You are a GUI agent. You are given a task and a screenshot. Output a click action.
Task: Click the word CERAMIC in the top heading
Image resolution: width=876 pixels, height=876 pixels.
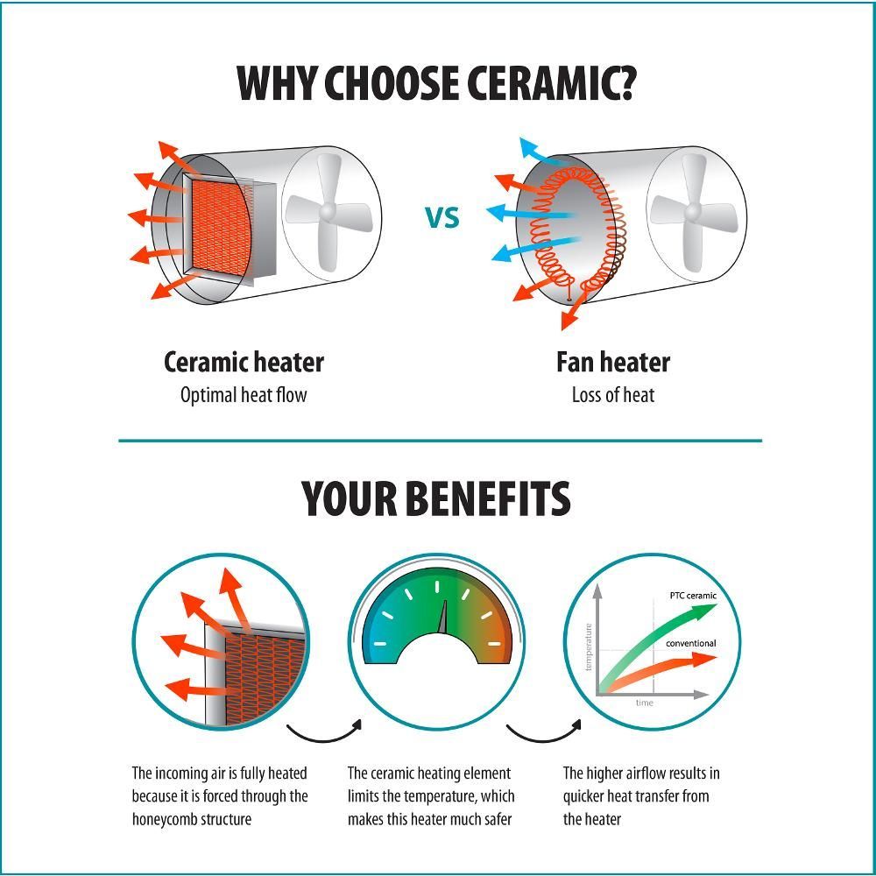[x=551, y=82]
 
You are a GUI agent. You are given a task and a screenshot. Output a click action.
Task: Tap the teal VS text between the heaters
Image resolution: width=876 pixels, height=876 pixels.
[x=442, y=218]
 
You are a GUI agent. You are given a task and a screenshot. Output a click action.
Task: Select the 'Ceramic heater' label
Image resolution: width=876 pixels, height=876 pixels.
[x=244, y=362]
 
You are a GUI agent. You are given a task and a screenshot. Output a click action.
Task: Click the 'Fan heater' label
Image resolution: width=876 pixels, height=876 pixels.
[x=613, y=362]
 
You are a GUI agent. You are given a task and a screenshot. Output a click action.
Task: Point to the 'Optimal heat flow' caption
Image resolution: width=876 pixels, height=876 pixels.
[x=244, y=395]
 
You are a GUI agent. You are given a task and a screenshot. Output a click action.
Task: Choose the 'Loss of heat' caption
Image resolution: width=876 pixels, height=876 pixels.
[x=613, y=395]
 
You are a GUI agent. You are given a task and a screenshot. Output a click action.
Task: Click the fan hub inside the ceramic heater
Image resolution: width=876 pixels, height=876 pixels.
[x=328, y=212]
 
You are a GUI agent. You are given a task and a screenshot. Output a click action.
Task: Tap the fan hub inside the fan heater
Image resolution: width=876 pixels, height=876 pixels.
[x=693, y=212]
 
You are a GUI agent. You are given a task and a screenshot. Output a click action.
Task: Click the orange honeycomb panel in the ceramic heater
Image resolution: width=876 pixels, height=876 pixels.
[x=221, y=228]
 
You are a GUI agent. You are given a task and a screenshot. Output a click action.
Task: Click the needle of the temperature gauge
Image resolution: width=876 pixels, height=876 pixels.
[x=443, y=618]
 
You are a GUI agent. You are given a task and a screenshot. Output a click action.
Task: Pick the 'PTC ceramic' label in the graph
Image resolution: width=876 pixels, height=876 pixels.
[x=693, y=596]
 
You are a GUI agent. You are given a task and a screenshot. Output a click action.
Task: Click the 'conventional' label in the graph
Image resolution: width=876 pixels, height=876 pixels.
[x=690, y=644]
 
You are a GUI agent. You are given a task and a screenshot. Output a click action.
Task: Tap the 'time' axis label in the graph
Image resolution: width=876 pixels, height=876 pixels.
[x=644, y=703]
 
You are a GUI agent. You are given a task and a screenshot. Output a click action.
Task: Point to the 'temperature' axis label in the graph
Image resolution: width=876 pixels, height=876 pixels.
[x=588, y=647]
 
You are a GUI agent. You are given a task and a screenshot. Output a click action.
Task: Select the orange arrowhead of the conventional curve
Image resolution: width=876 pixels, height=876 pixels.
[x=704, y=660]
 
